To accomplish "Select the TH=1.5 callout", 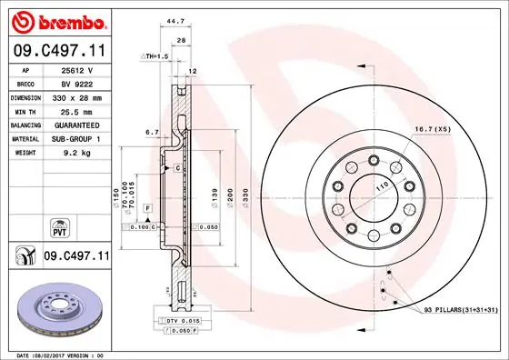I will point(156,56).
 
